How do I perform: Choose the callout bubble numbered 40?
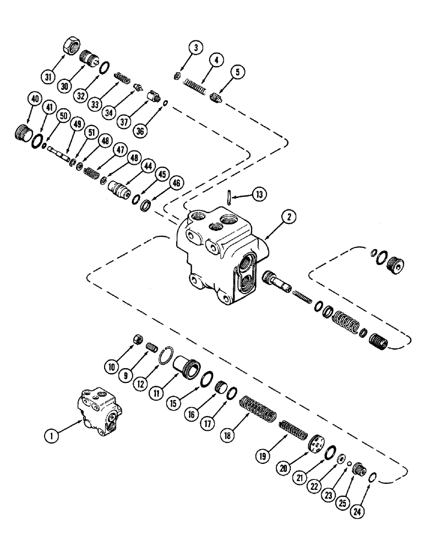[x=35, y=99]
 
